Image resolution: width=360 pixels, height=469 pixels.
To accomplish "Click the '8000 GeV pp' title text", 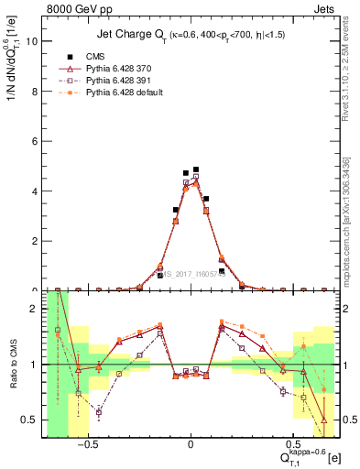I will coord(72,8).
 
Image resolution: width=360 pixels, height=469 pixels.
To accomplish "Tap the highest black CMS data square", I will coord(196,169).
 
